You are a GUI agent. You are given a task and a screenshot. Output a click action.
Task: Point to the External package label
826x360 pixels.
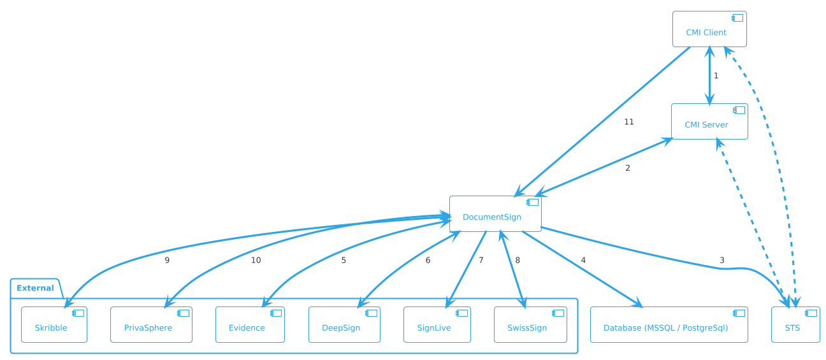[x=35, y=288]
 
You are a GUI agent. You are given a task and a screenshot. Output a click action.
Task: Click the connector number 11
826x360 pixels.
[x=628, y=122]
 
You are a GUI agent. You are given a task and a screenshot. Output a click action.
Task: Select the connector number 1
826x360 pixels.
[x=716, y=76]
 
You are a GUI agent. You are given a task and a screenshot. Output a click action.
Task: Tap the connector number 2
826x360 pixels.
[x=628, y=168]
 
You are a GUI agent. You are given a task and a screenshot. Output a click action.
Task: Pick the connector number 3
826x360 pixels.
[x=722, y=260]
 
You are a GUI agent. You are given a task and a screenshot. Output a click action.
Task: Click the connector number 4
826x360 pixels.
[x=583, y=260]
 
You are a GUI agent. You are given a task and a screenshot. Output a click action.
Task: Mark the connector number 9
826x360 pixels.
[x=167, y=260]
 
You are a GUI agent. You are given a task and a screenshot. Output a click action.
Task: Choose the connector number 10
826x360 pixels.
[x=256, y=260]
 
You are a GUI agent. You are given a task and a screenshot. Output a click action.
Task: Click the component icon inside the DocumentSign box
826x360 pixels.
[x=532, y=203]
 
